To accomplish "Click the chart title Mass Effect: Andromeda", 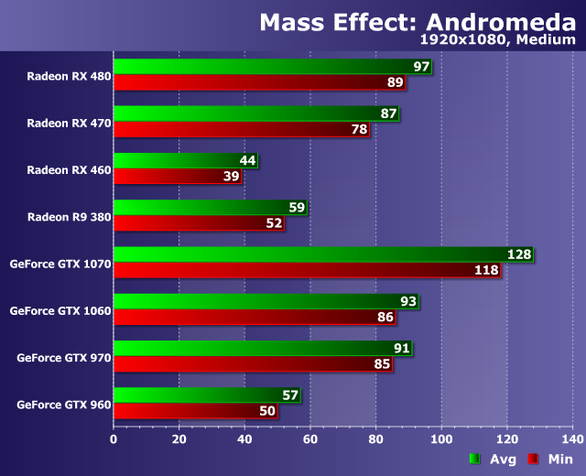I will (x=417, y=22).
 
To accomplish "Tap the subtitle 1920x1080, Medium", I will (x=497, y=40).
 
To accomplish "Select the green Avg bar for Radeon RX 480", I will (x=266, y=68).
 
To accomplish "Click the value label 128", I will (x=519, y=254).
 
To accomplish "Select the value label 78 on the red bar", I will (x=358, y=129).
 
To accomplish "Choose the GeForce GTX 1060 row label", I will (x=60, y=310).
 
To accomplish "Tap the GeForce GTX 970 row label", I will (x=64, y=357).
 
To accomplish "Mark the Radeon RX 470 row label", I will (x=69, y=122).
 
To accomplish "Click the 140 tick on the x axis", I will (x=573, y=438).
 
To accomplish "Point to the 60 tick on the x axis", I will (x=310, y=438).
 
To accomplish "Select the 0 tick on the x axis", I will (x=114, y=438).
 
